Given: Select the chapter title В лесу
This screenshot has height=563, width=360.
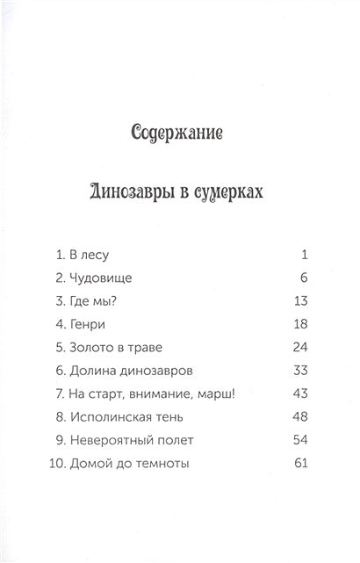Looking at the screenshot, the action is coord(88,256).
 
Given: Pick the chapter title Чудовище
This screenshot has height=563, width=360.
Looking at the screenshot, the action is coord(101,278).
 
